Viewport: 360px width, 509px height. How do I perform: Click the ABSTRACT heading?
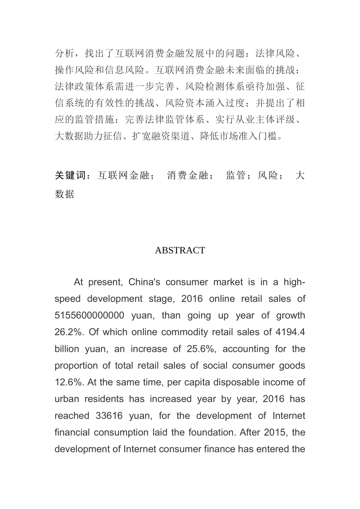tap(180, 250)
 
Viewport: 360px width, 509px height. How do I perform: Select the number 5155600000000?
tap(89, 315)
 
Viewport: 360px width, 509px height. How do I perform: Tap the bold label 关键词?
tap(71, 176)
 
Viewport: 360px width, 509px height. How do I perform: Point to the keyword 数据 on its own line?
tap(64, 194)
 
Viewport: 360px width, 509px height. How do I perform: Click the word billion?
tap(67, 349)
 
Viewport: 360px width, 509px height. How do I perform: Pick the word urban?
tap(66, 399)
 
